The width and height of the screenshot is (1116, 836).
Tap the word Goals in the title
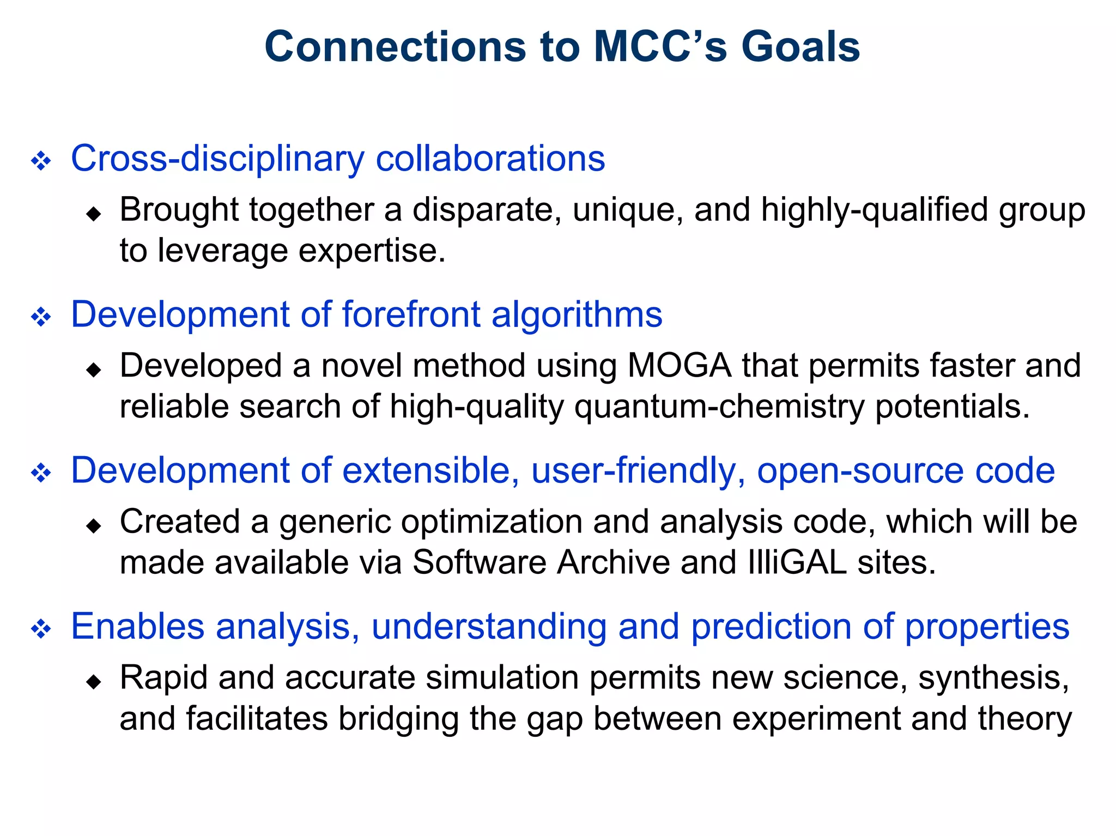coord(800,47)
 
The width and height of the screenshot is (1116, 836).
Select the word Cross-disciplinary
coord(217,159)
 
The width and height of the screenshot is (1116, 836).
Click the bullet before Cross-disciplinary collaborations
coord(41,161)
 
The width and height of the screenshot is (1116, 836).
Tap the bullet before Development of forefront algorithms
coord(41,317)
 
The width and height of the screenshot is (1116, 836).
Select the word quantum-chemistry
coord(719,407)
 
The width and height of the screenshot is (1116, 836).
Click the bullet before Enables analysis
coord(41,629)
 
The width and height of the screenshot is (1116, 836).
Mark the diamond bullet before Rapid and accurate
coord(94,681)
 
